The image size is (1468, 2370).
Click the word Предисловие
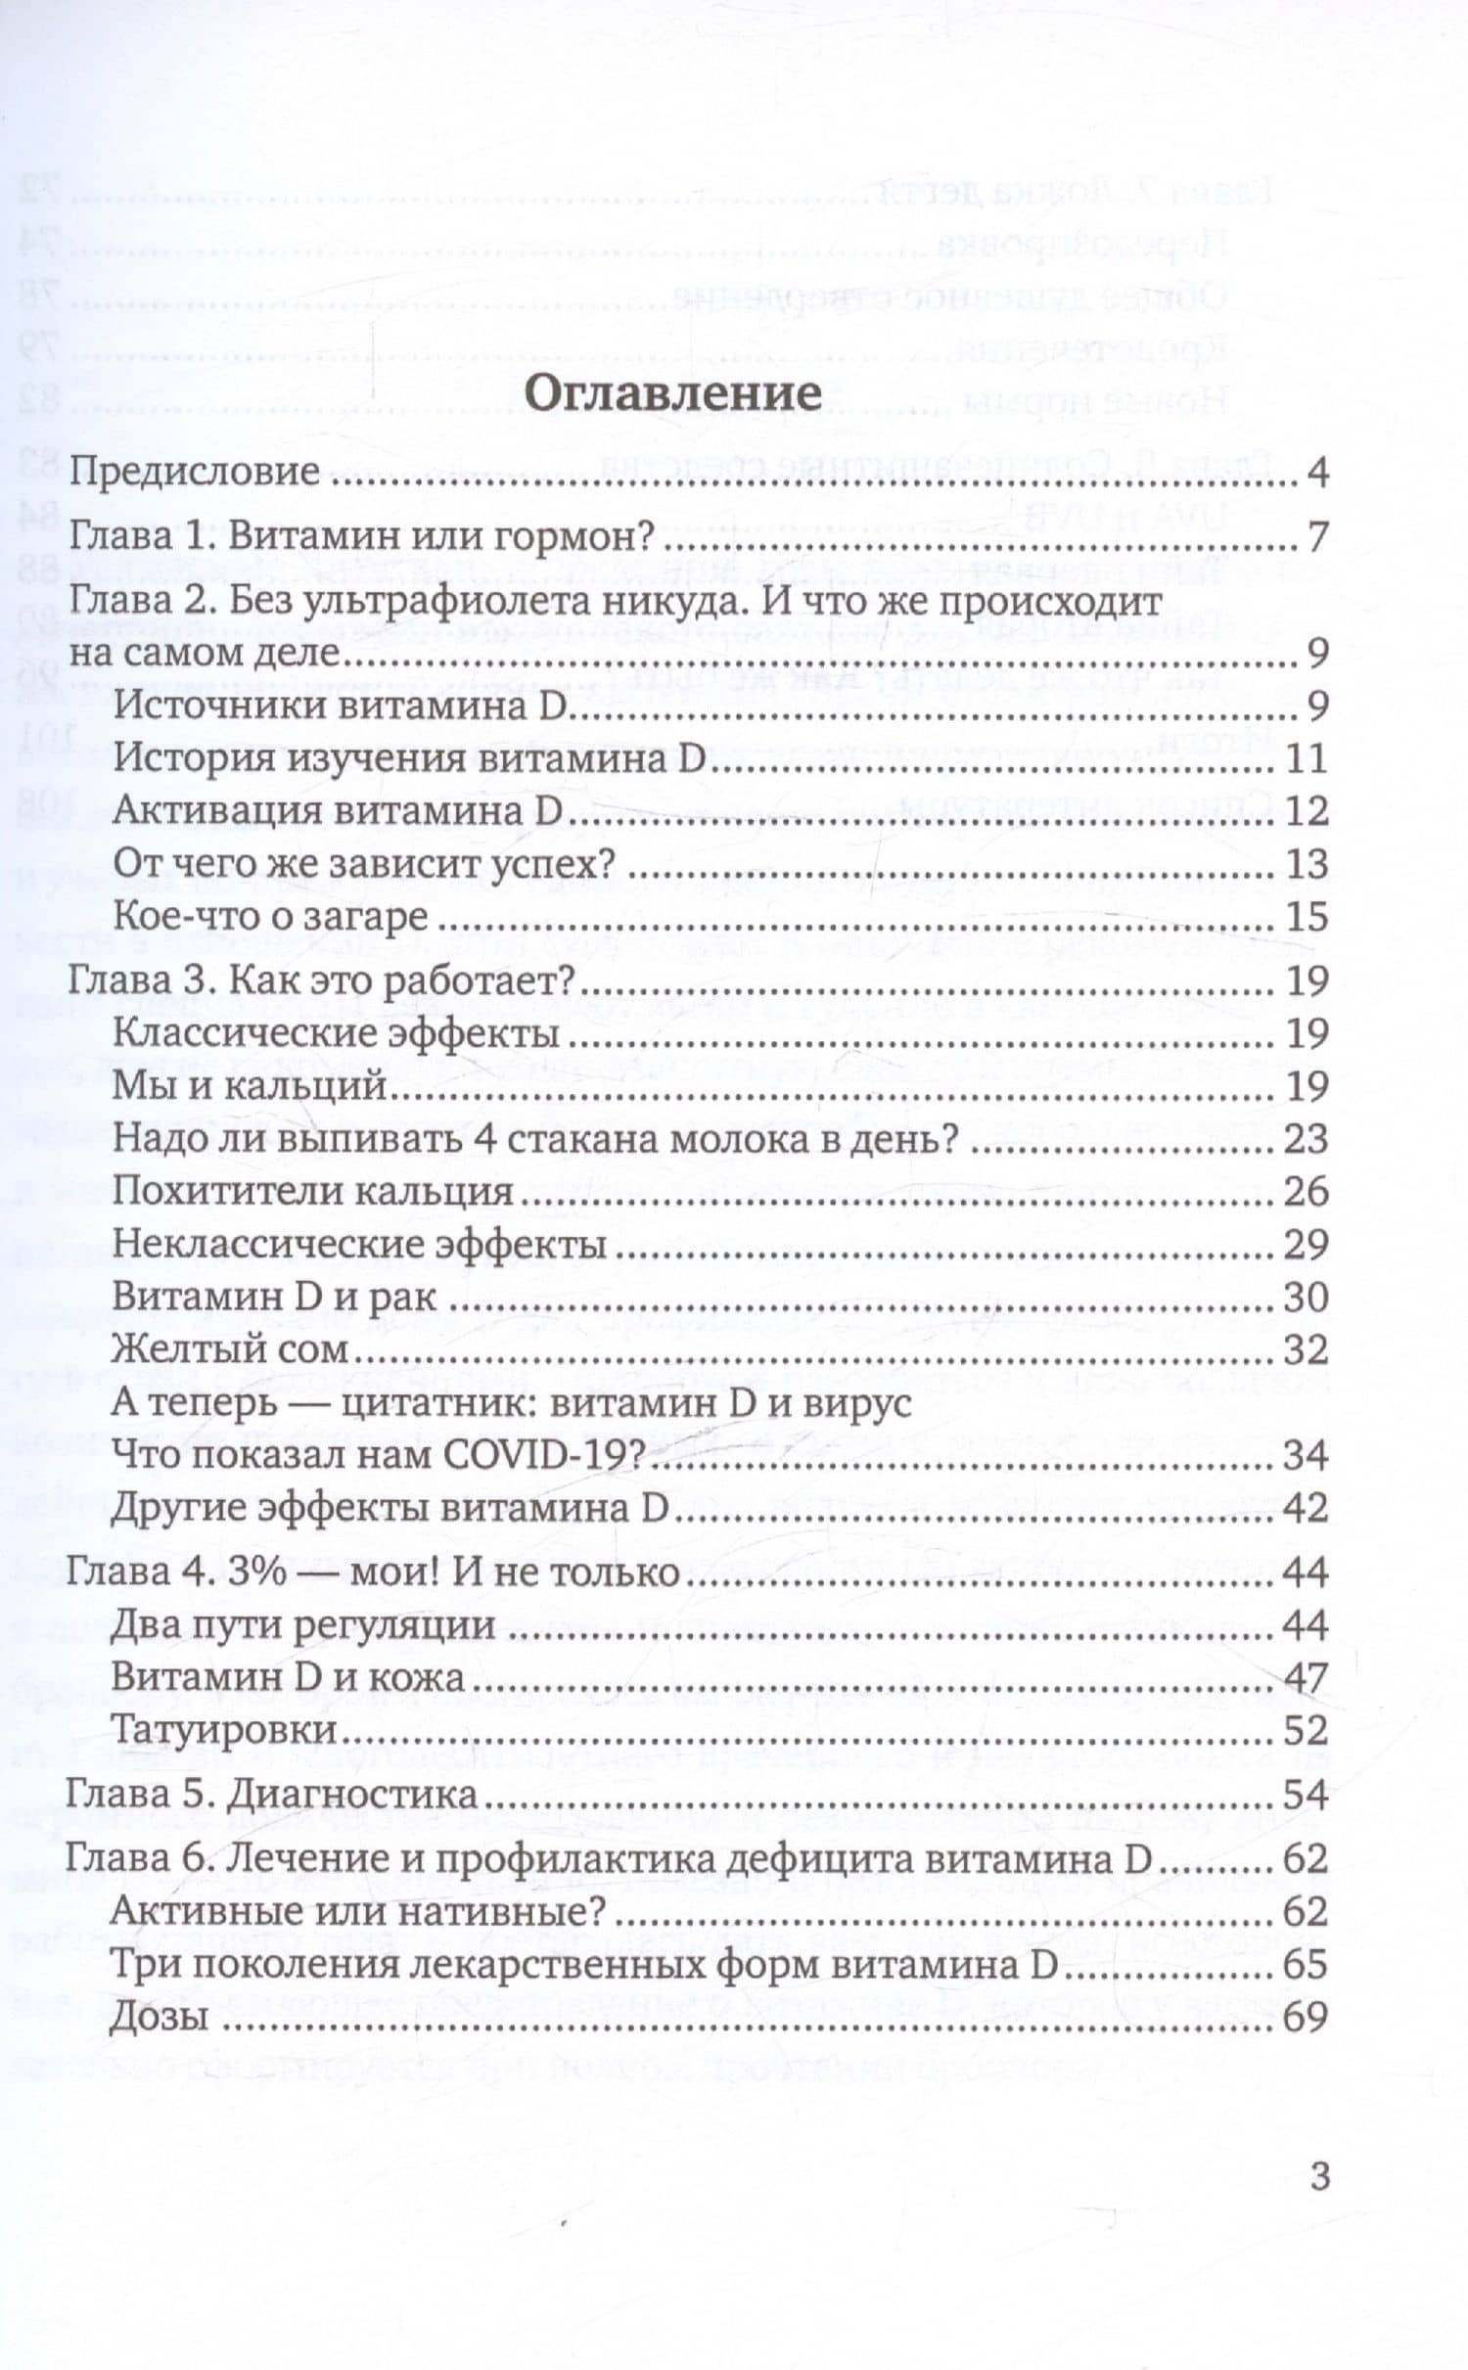pyautogui.click(x=196, y=474)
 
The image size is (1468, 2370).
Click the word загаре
pyautogui.click(x=376, y=918)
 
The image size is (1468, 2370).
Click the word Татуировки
pyautogui.click(x=225, y=1731)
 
